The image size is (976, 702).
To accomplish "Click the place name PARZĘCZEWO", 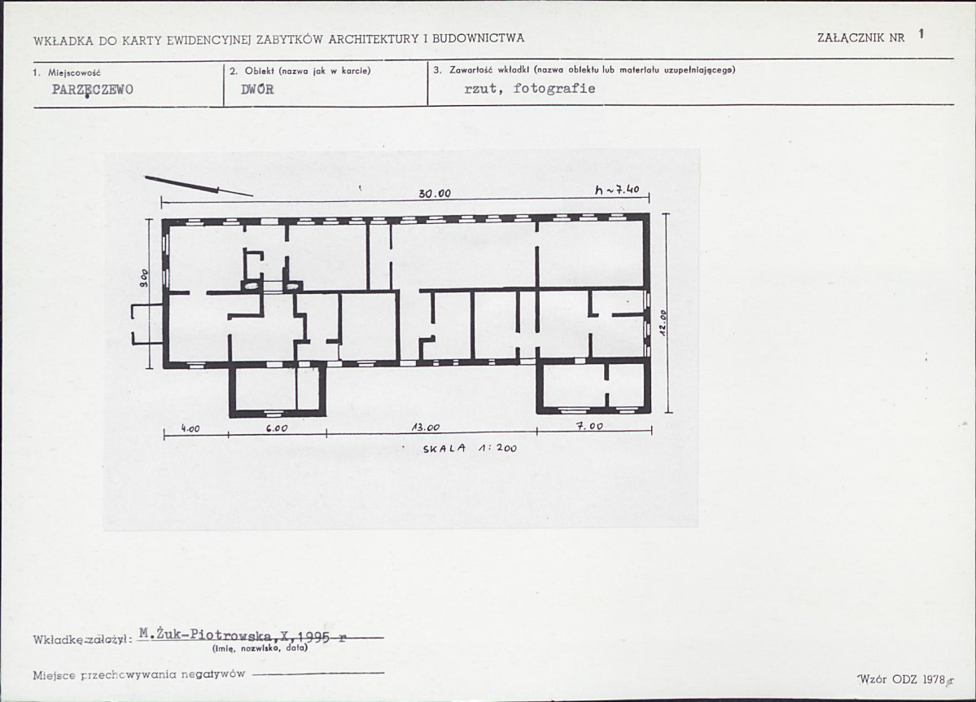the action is pyautogui.click(x=92, y=90).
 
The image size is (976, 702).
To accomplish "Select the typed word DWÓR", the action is pyautogui.click(x=257, y=89).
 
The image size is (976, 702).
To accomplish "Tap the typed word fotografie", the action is pyautogui.click(x=554, y=89).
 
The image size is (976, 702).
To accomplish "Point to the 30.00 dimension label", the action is pyautogui.click(x=435, y=193).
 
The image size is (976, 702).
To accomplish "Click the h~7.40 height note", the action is pyautogui.click(x=617, y=190).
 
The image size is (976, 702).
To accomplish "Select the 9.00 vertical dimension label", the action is pyautogui.click(x=144, y=278).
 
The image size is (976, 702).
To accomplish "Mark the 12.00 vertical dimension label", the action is pyautogui.click(x=663, y=323).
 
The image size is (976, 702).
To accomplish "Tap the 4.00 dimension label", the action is pyautogui.click(x=190, y=428).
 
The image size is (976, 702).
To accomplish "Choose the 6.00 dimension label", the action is pyautogui.click(x=277, y=428).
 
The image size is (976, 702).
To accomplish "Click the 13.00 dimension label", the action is pyautogui.click(x=426, y=428).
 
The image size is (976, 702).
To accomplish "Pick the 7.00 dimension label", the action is pyautogui.click(x=589, y=426).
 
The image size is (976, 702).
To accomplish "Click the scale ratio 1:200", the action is pyautogui.click(x=497, y=448).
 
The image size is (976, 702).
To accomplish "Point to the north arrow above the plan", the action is pyautogui.click(x=199, y=186).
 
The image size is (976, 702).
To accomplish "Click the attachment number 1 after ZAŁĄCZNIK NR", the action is pyautogui.click(x=921, y=33).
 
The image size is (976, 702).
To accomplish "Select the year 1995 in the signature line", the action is pyautogui.click(x=314, y=636).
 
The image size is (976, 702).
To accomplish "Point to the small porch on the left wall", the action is pyautogui.click(x=146, y=324).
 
